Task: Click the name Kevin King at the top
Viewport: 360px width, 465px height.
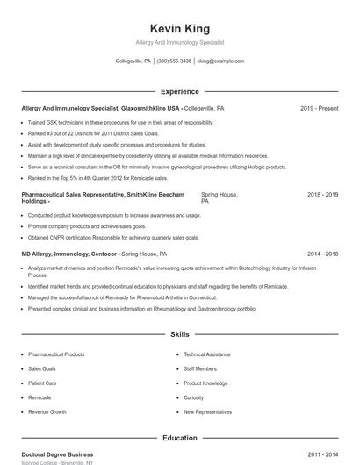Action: [x=179, y=29]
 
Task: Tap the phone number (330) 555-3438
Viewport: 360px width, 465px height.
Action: [x=174, y=61]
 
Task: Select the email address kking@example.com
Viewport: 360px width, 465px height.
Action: [x=221, y=61]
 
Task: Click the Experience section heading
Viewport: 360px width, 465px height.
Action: [x=179, y=91]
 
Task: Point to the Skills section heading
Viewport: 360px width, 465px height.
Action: [x=179, y=334]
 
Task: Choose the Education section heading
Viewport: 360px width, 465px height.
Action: [x=179, y=437]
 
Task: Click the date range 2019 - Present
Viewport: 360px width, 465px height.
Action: [x=319, y=109]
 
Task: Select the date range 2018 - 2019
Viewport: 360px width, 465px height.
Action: [x=322, y=194]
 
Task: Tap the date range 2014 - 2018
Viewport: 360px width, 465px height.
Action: [x=322, y=254]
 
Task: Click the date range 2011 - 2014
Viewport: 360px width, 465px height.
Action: [x=322, y=454]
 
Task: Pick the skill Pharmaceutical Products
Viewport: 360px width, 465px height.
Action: [x=56, y=354]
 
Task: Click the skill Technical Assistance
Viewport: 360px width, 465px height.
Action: [x=207, y=354]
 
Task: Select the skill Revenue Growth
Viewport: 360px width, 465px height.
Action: [x=47, y=411]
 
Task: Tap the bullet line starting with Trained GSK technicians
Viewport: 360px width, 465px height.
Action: [x=120, y=123]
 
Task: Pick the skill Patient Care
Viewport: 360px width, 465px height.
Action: [x=42, y=383]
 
